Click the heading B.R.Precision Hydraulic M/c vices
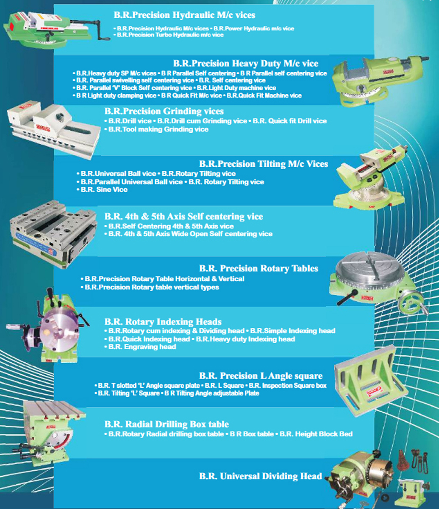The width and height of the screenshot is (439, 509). [184, 15]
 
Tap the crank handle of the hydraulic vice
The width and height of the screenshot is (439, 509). [98, 29]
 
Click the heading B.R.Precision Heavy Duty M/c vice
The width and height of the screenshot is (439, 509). [246, 64]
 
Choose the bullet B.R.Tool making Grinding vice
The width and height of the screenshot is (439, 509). [156, 129]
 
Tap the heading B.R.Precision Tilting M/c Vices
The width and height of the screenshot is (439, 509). [264, 164]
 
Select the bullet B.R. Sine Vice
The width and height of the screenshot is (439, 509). [102, 190]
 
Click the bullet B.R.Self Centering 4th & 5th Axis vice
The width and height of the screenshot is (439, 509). [169, 226]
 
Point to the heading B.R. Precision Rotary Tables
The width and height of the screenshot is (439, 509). [258, 268]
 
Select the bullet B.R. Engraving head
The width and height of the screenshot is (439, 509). [140, 347]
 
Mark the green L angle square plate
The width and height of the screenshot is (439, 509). [370, 381]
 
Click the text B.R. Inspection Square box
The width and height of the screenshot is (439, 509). [288, 386]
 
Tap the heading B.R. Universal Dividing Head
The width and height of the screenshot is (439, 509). [260, 476]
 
